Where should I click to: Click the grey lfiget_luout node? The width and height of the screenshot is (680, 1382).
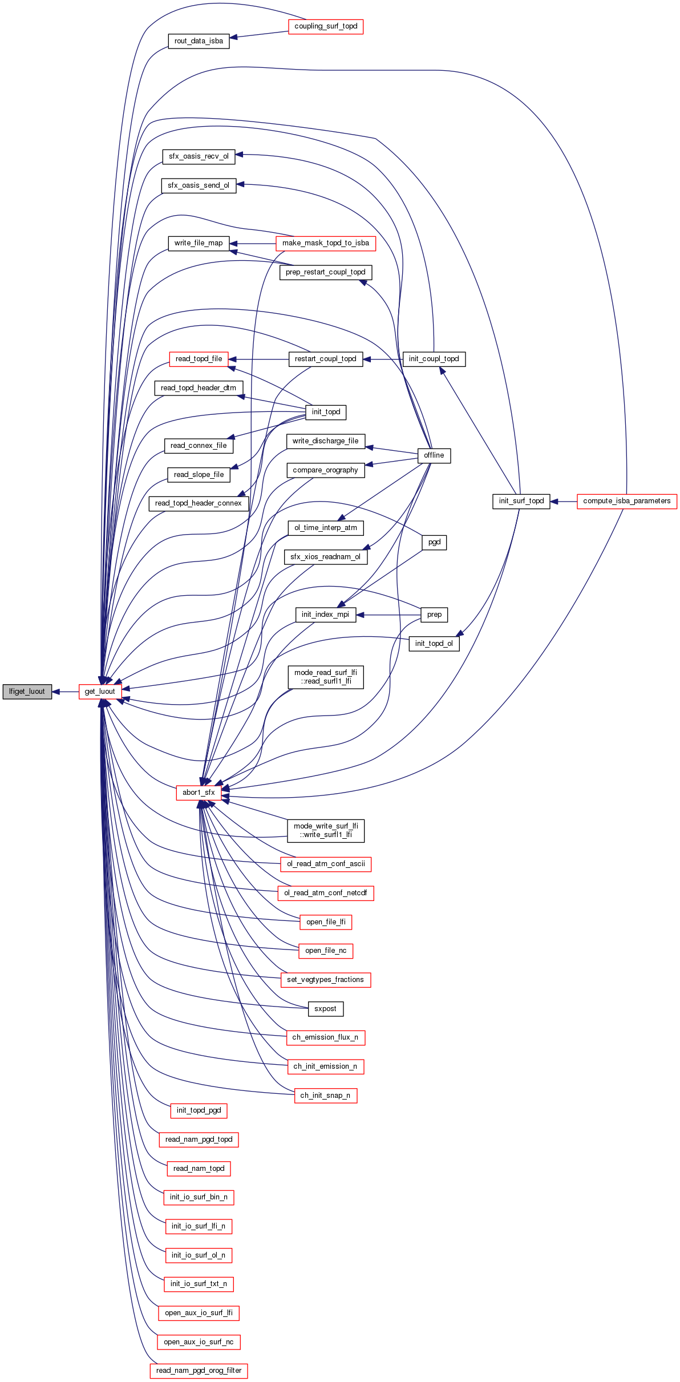[27, 692]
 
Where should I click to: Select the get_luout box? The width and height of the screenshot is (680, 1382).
[100, 692]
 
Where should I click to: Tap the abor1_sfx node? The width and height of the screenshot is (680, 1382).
[199, 793]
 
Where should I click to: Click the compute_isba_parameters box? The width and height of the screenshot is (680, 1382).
[626, 501]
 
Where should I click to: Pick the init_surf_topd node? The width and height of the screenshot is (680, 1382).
[521, 501]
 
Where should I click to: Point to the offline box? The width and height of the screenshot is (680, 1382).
[434, 455]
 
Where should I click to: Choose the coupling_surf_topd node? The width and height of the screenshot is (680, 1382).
[326, 26]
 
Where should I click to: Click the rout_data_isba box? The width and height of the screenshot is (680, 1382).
[199, 41]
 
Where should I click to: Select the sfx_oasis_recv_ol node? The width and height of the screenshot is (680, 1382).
[199, 156]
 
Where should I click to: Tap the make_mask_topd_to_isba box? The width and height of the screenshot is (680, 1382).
[325, 243]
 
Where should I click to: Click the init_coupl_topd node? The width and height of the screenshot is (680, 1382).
[434, 359]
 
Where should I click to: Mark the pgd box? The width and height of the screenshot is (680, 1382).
[434, 542]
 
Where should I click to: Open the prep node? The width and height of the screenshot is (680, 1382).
[434, 615]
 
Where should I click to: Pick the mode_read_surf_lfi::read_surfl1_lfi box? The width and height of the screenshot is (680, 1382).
[325, 677]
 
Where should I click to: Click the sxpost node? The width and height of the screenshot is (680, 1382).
[325, 1009]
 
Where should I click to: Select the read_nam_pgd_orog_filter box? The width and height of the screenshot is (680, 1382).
[199, 1371]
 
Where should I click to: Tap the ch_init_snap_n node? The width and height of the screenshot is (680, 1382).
[325, 1096]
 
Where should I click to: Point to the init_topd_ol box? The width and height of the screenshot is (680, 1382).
[434, 644]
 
